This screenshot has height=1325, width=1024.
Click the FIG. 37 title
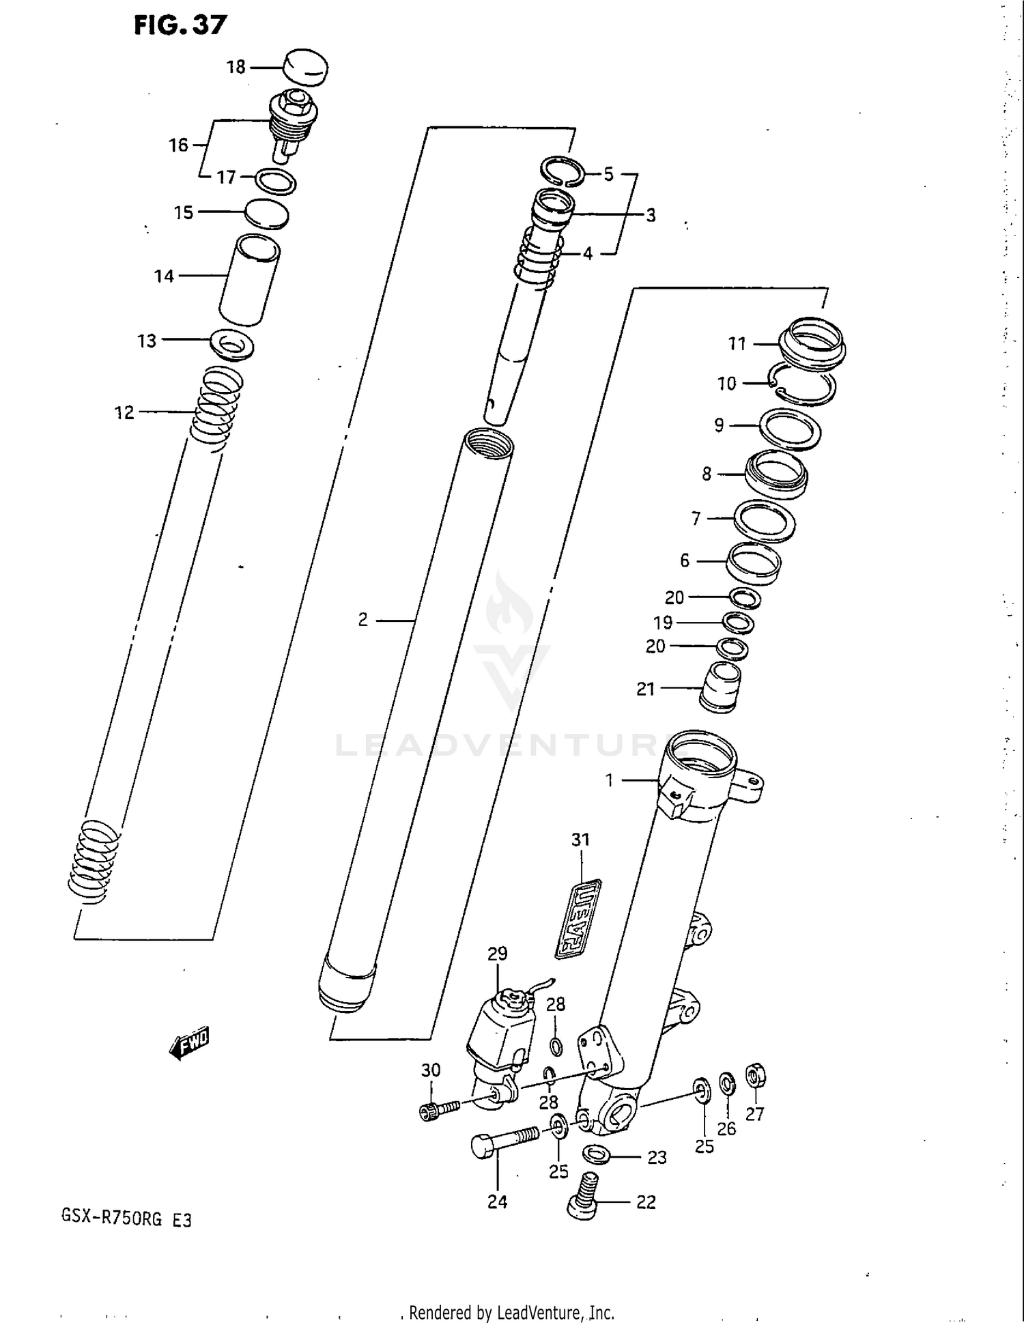coord(180,25)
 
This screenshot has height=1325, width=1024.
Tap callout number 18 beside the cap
coord(236,67)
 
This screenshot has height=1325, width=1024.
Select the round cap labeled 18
coord(304,66)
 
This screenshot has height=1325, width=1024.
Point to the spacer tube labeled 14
coord(249,280)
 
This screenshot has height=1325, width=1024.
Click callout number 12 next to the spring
coord(124,412)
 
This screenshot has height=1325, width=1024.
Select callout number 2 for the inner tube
coord(363,620)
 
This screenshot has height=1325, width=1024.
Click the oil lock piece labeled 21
coord(721,687)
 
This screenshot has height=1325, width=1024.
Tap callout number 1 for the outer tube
coord(610,780)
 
